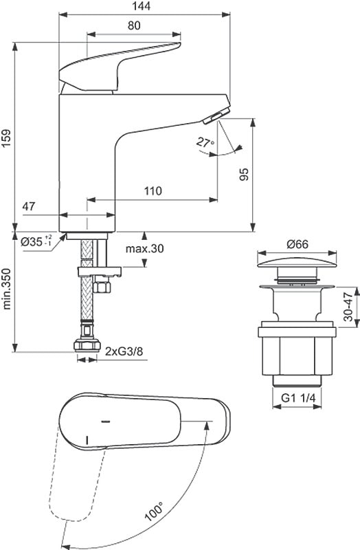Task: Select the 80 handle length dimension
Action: tap(134, 25)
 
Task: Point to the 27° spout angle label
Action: tap(205, 142)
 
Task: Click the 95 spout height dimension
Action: tap(244, 174)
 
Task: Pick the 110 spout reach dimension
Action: tap(153, 191)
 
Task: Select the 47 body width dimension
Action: tap(29, 206)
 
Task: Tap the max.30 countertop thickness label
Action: tap(144, 249)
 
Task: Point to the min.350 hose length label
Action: tap(8, 289)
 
